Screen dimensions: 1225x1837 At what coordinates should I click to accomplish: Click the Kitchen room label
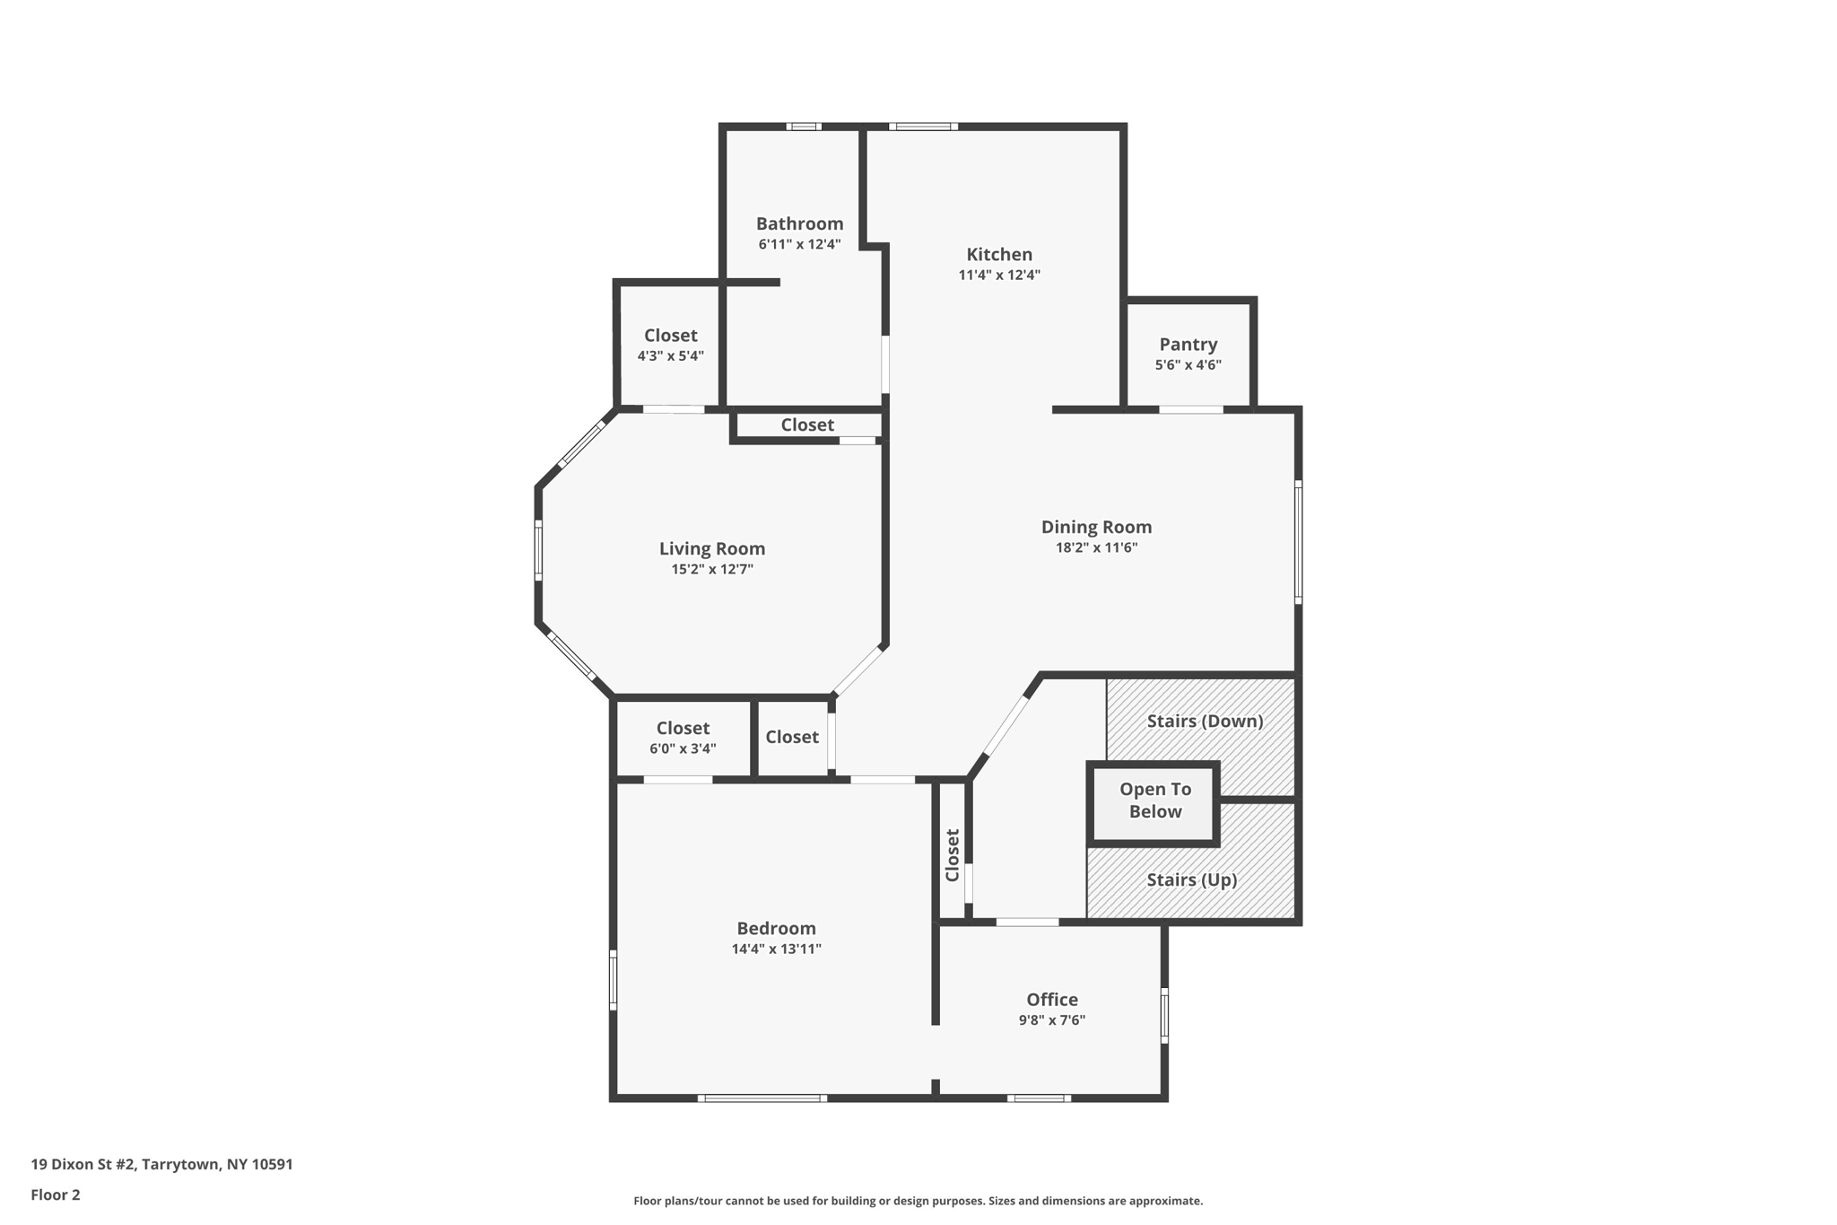click(x=999, y=255)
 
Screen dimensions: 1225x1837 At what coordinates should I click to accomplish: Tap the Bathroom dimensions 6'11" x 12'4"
click(x=799, y=244)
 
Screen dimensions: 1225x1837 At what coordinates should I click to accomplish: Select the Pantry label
click(x=1188, y=345)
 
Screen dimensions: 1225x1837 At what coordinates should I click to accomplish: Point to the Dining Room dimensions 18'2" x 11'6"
click(x=1096, y=547)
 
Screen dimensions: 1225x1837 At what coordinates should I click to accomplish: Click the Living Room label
click(x=712, y=548)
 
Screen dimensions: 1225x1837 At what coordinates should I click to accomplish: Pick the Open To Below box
click(x=1154, y=801)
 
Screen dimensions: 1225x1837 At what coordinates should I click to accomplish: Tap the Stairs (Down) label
click(x=1205, y=721)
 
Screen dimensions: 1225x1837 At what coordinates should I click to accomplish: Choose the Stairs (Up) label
click(x=1191, y=879)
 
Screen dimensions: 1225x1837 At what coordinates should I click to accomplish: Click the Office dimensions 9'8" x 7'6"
click(x=1052, y=1020)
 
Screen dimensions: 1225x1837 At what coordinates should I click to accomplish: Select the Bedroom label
click(x=776, y=929)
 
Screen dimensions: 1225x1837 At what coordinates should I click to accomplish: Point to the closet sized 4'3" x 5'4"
click(x=670, y=345)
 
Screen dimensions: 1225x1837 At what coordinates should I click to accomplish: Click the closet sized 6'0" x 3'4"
click(x=683, y=738)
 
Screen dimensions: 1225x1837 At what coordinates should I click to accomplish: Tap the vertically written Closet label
click(x=953, y=854)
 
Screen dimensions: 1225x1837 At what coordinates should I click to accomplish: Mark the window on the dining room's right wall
click(x=1298, y=542)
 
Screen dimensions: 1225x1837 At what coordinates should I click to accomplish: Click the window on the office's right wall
click(x=1164, y=1015)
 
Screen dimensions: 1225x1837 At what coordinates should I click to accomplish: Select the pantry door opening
click(x=1190, y=410)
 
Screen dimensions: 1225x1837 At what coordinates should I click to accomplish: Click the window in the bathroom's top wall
click(x=804, y=127)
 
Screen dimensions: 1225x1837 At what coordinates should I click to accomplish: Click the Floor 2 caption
click(x=56, y=1194)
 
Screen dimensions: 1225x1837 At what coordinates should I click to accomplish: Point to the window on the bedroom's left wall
click(x=614, y=979)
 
